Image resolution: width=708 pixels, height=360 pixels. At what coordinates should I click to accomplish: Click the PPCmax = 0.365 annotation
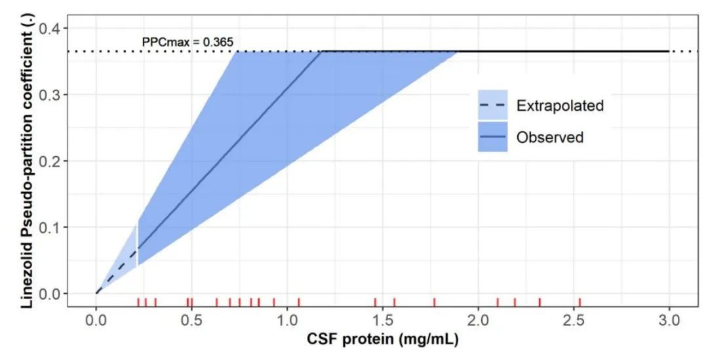click(187, 43)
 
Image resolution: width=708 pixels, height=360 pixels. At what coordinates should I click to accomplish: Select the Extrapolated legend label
click(560, 106)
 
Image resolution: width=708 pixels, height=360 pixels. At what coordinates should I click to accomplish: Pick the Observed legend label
click(549, 138)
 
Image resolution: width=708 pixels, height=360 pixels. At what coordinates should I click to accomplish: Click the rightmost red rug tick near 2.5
click(580, 302)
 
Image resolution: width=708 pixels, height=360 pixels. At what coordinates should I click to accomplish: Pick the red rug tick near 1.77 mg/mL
click(435, 302)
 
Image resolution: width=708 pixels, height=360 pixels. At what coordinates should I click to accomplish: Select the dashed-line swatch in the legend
click(492, 106)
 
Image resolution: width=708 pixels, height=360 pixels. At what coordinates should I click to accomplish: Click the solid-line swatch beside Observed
click(492, 138)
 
